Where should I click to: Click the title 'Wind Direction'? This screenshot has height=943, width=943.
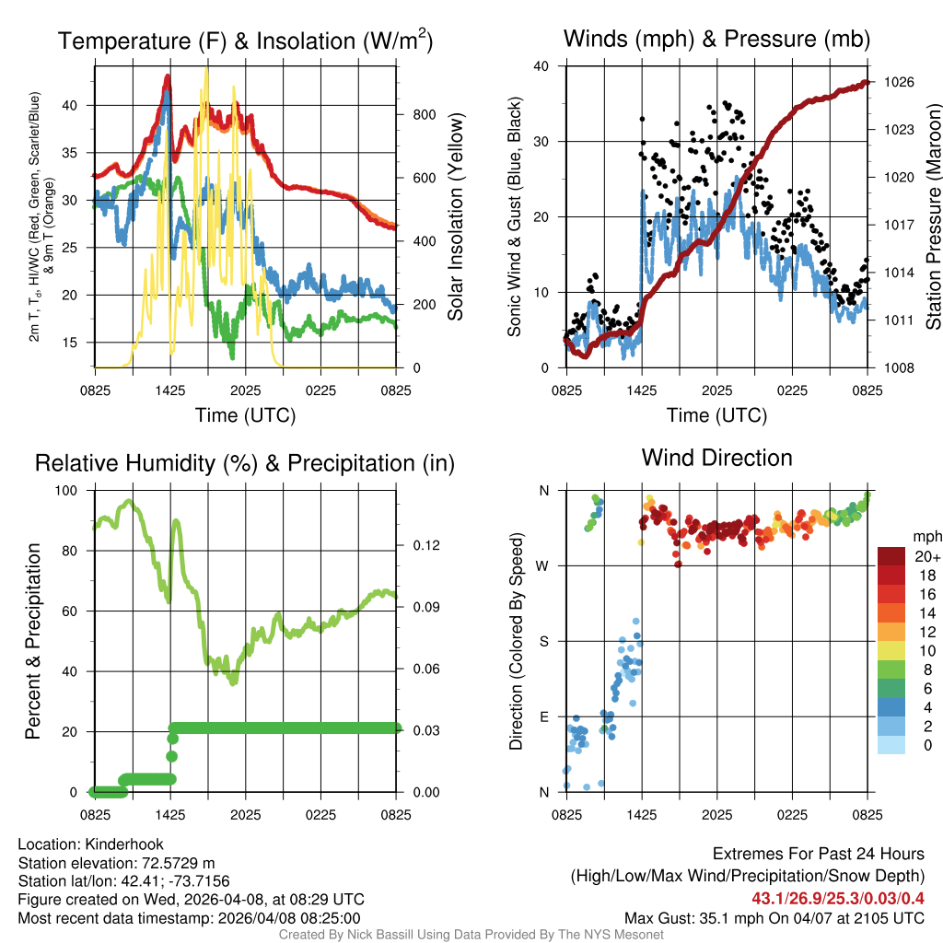(716, 458)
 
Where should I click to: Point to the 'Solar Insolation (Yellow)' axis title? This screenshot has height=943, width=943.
(455, 216)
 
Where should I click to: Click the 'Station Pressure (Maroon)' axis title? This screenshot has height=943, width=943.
(932, 216)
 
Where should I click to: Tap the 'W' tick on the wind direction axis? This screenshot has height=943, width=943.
(543, 565)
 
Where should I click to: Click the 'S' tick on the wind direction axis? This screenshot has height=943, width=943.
(544, 641)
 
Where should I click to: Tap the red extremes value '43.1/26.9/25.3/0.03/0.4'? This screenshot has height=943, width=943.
(838, 899)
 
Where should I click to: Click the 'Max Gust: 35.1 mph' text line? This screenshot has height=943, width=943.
(774, 917)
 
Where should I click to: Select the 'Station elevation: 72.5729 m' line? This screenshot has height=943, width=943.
(116, 863)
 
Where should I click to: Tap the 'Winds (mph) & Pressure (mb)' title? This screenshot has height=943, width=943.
(716, 39)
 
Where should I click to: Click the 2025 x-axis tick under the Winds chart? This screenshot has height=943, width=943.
(716, 390)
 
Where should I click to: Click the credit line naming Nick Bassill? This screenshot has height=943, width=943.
(471, 935)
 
